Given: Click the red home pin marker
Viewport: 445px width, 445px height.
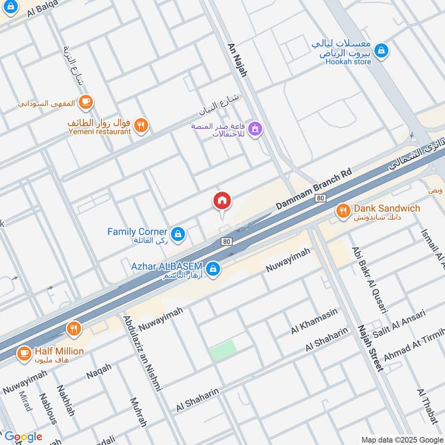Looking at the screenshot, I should [x=222, y=201].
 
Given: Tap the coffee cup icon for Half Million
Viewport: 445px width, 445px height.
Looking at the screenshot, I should [x=23, y=353].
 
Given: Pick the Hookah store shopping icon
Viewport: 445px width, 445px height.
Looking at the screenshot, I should [x=380, y=51].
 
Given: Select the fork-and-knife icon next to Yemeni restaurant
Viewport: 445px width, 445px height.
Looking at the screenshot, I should [x=141, y=126].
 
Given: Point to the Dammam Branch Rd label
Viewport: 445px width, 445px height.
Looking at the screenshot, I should [x=314, y=190].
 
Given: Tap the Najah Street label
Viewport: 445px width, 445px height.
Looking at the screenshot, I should [x=370, y=348].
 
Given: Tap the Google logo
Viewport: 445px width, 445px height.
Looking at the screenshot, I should [x=23, y=437].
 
